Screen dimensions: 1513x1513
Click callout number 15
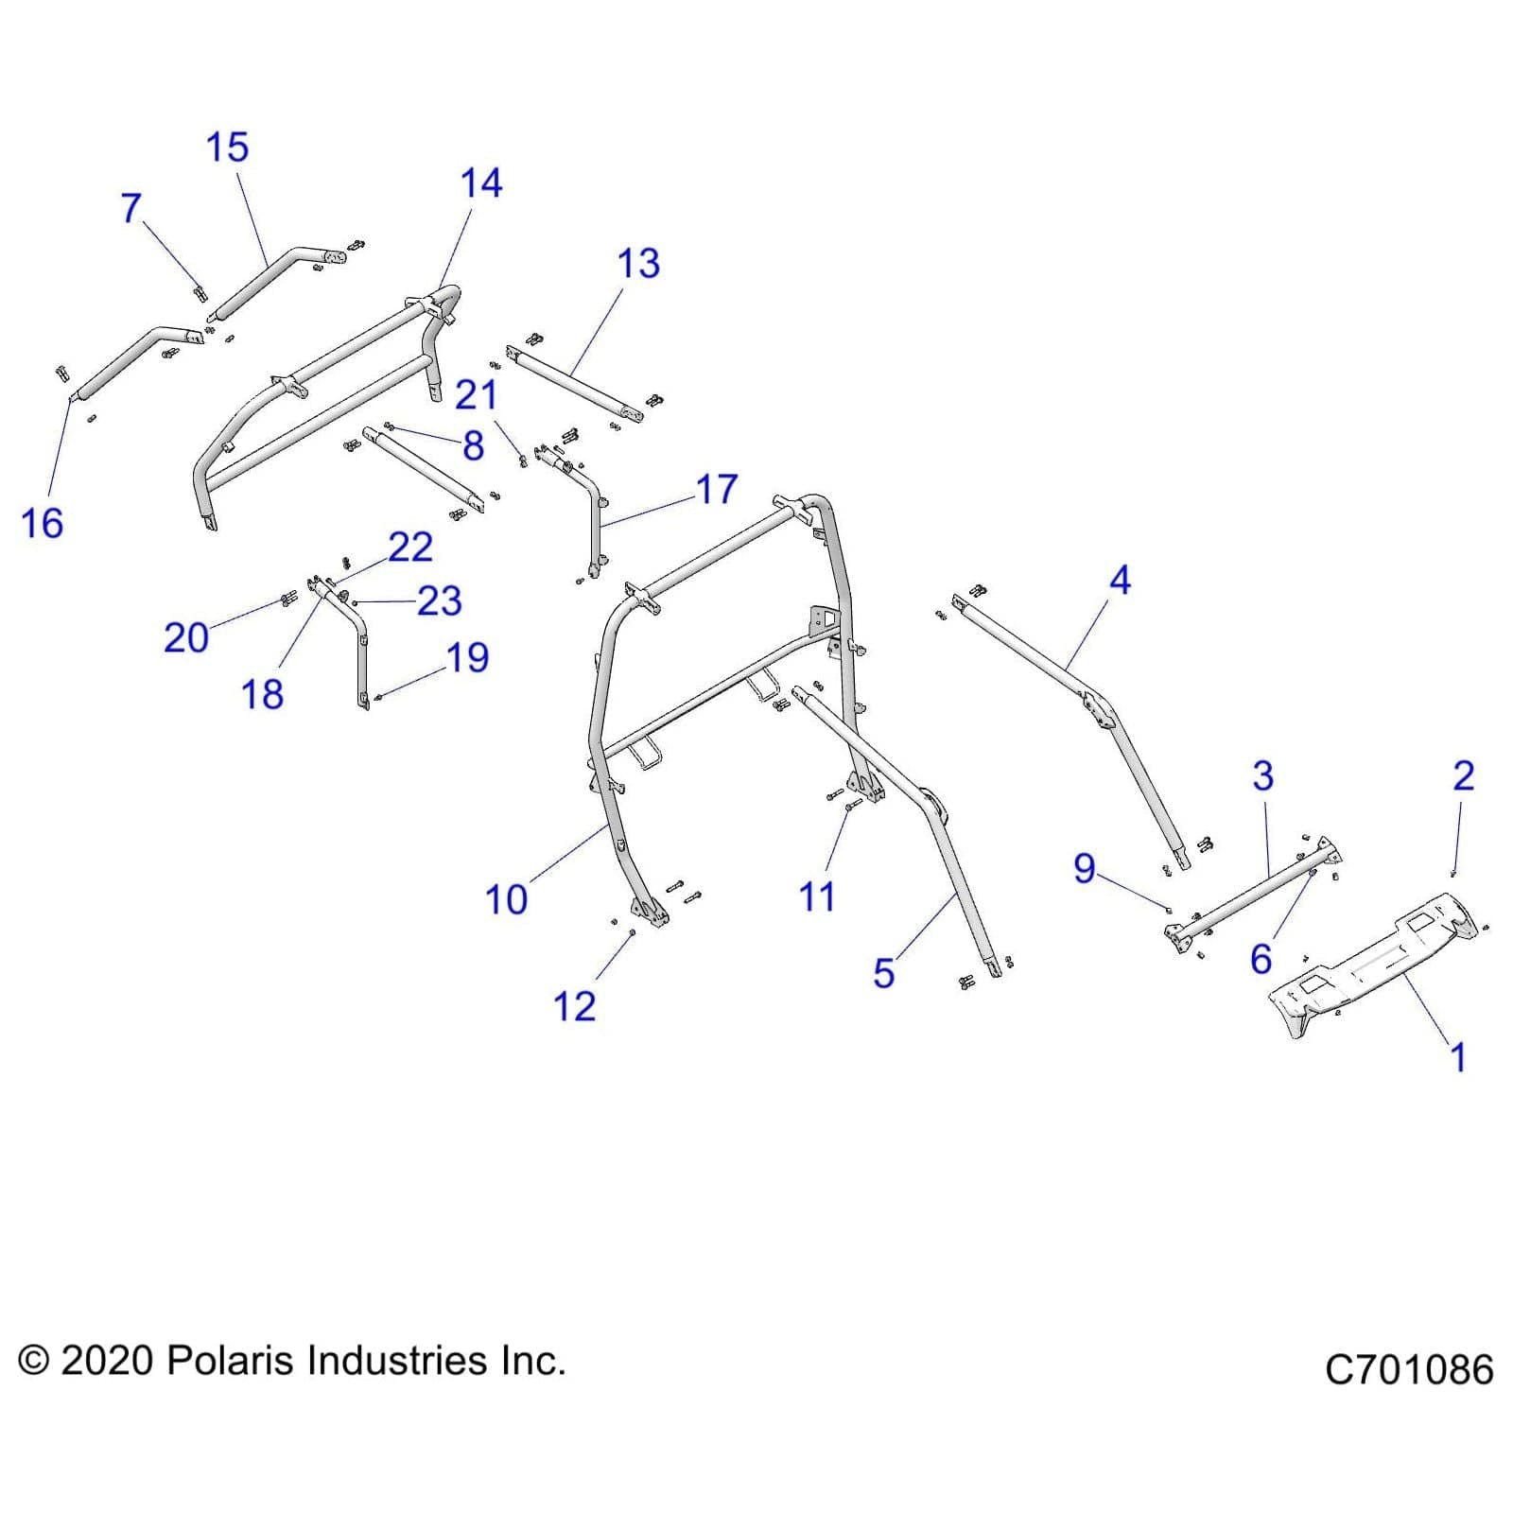[x=227, y=148]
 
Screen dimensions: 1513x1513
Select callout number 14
[x=481, y=183]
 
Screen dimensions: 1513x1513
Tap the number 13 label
[x=638, y=264]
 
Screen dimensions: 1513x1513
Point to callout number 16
[x=42, y=523]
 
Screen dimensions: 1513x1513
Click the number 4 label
[x=1120, y=580]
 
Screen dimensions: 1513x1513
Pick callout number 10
[x=506, y=899]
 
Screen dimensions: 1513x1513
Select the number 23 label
[x=439, y=601]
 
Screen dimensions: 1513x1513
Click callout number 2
[x=1463, y=775]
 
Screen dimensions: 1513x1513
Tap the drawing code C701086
[x=1408, y=1369]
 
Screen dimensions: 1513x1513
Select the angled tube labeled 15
[x=274, y=279]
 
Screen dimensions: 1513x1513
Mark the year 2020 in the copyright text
[x=106, y=1361]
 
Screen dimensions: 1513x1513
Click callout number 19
[x=467, y=658]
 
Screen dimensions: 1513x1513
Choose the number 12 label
[x=574, y=1007]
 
